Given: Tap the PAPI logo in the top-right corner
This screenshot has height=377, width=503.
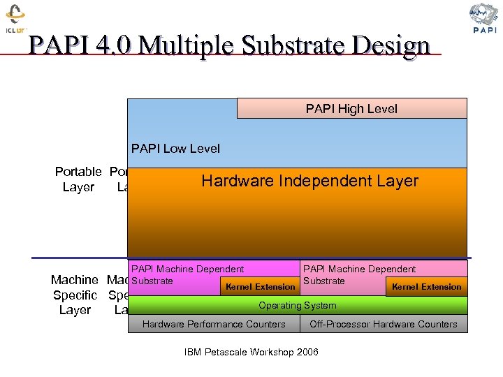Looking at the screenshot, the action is tap(485, 18).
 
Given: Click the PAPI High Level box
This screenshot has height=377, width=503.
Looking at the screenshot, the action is tap(351, 108).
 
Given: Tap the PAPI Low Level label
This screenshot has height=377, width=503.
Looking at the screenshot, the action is tap(175, 148).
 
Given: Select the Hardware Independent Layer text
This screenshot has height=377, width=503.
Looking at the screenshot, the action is tap(309, 181).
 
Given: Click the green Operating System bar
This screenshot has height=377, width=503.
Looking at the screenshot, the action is tap(298, 305).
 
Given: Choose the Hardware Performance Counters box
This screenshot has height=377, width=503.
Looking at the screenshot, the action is tap(214, 324).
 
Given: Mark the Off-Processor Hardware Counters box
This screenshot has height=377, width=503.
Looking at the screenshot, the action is tap(384, 324).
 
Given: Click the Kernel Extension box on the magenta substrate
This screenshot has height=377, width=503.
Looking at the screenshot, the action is tap(260, 286).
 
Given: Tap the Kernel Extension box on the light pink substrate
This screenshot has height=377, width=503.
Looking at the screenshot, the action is tap(426, 286).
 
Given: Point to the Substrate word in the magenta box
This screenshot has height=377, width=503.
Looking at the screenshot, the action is tap(152, 281).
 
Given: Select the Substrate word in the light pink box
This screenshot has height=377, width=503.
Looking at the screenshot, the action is tap(324, 281).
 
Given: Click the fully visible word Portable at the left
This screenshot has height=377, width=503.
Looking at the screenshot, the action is tap(78, 172).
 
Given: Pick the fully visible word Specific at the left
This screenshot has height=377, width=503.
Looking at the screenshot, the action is tap(75, 295).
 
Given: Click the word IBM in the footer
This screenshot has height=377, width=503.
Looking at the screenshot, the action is tap(194, 352).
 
